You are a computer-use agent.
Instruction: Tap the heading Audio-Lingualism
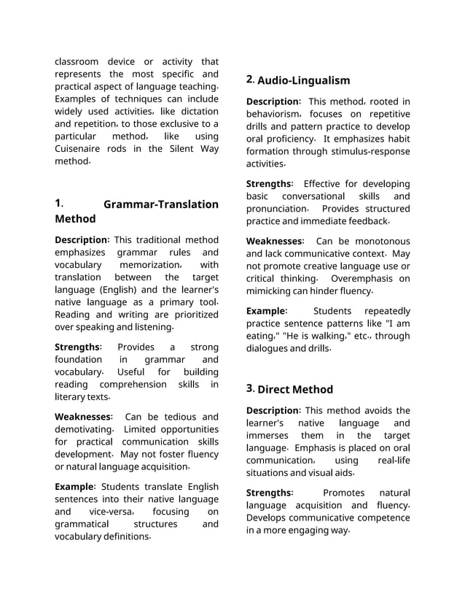tap(303, 80)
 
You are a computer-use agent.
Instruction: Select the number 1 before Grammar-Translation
tap(58, 204)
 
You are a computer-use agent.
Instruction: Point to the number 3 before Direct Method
tap(250, 388)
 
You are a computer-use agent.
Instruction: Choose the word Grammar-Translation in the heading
tap(161, 204)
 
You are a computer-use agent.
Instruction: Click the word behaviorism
tap(273, 115)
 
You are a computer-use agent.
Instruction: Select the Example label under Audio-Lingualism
tap(266, 311)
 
